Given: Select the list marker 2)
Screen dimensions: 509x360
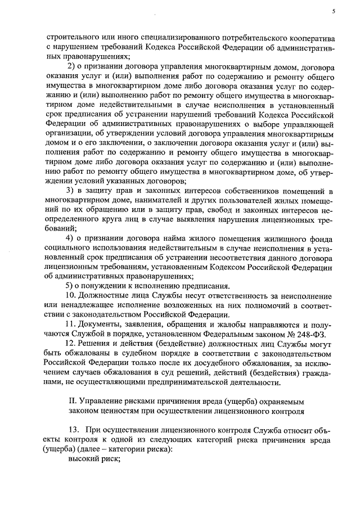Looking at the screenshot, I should [x=71, y=67].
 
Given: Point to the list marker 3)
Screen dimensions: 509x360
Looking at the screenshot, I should [x=71, y=191].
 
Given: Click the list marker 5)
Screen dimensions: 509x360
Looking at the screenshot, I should [x=71, y=286].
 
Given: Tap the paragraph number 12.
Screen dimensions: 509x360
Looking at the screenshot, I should [x=72, y=344].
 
